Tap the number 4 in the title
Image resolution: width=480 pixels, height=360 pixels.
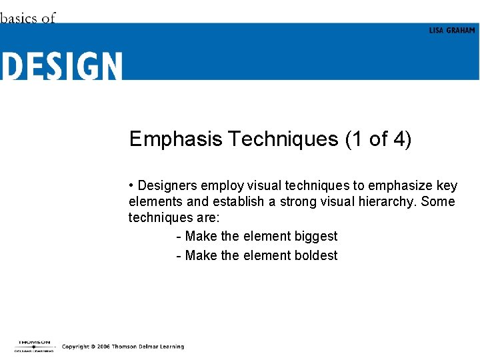399,139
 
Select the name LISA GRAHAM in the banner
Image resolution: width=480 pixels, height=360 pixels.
452,31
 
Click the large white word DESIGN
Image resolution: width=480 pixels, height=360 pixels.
61,67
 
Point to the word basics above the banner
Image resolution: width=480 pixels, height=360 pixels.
19,18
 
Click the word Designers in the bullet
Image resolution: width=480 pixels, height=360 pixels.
169,185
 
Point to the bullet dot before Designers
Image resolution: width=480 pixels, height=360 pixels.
132,185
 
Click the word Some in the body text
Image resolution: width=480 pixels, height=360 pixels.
438,201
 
